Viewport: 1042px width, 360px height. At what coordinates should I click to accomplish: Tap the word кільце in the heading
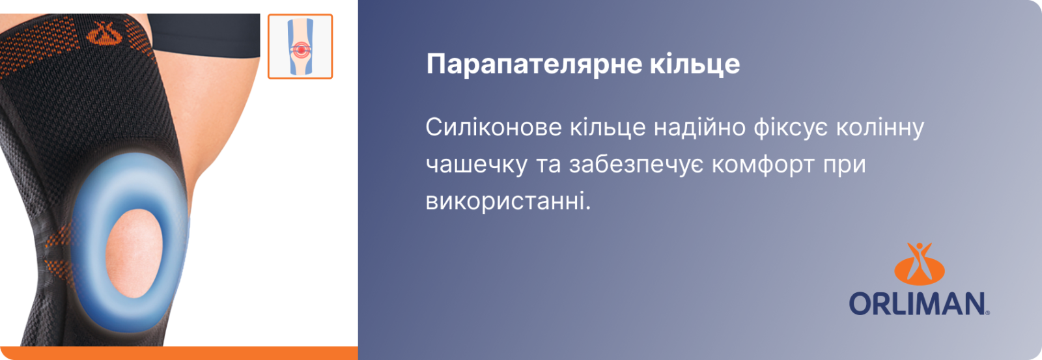pyautogui.click(x=695, y=63)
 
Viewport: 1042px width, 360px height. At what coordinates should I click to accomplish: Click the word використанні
pyautogui.click(x=509, y=202)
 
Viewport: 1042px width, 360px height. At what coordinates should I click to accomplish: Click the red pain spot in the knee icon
pyautogui.click(x=301, y=49)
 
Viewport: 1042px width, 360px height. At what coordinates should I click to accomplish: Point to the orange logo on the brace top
pyautogui.click(x=105, y=34)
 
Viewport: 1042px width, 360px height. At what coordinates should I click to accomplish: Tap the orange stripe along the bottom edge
pyautogui.click(x=179, y=353)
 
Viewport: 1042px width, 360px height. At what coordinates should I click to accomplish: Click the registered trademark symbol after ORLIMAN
pyautogui.click(x=987, y=313)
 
